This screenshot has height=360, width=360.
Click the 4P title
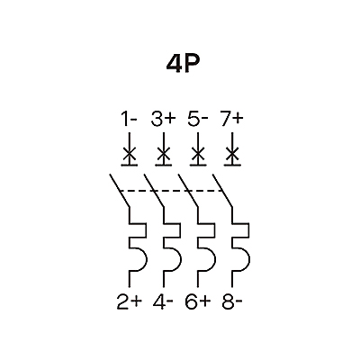point(183,65)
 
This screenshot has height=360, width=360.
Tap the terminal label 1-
point(129,119)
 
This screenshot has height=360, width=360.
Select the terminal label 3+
point(163,119)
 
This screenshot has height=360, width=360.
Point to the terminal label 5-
point(198,119)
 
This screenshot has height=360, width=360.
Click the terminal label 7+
point(231,119)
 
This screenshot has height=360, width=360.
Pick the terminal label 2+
point(129,301)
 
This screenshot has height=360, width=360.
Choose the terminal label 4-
point(163,301)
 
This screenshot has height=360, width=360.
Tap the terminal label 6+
point(198,301)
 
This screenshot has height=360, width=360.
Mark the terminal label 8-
point(232,301)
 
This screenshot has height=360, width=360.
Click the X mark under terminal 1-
point(130,155)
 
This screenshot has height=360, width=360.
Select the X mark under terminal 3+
point(164,155)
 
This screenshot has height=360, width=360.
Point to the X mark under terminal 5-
point(198,155)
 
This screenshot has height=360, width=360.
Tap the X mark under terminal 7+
point(232,155)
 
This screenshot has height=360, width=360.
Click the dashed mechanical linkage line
point(171,191)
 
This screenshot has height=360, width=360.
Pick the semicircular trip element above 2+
point(138,259)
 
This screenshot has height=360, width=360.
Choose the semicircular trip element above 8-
point(241,259)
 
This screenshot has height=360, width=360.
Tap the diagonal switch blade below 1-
point(119,190)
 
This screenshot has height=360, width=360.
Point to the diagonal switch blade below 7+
point(222,190)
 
